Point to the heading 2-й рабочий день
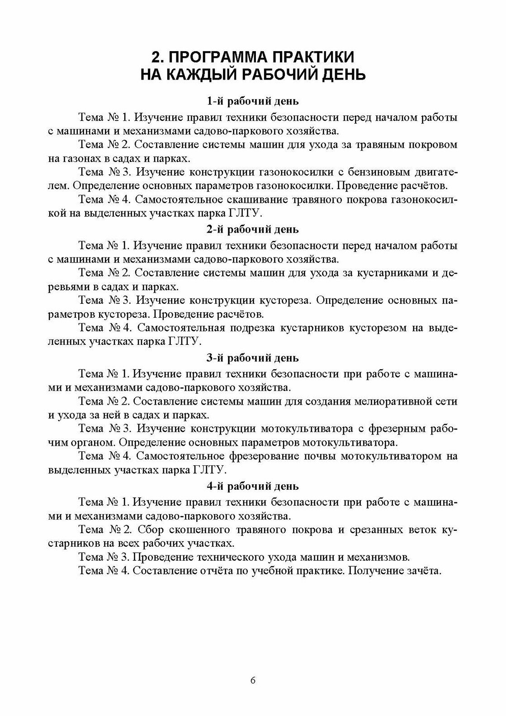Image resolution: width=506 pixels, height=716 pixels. pos(253,229)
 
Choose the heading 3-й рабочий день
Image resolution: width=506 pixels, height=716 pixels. pos(253,358)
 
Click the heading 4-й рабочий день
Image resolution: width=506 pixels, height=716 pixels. pos(253,486)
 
